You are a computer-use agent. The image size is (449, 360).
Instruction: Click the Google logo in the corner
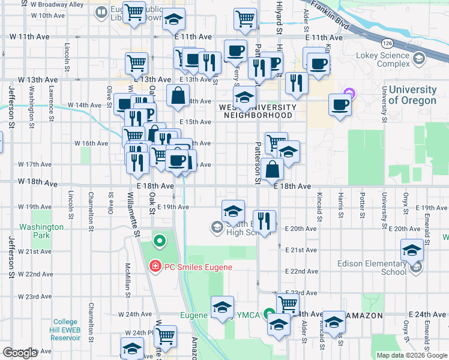point(20,353)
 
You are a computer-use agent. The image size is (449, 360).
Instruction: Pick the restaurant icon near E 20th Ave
point(264,220)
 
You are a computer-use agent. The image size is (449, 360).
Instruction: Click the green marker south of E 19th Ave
point(159,242)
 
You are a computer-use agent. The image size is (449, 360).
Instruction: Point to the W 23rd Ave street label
point(35,296)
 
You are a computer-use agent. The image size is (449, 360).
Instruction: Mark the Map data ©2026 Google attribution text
point(411,355)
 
